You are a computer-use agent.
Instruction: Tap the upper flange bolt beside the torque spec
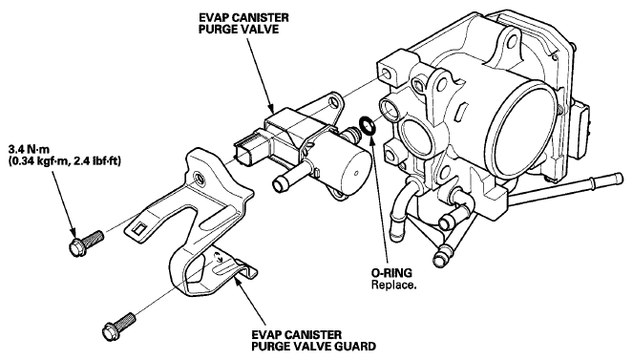(x=86, y=241)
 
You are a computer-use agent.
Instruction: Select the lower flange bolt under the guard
(x=119, y=327)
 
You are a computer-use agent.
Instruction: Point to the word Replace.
(x=393, y=285)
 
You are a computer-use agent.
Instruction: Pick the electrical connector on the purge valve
(x=247, y=151)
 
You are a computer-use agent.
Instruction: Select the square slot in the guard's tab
(x=139, y=228)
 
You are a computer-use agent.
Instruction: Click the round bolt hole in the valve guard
(x=200, y=177)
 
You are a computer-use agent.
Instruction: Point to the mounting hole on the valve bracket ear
(x=334, y=102)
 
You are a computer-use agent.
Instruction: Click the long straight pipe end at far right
(x=616, y=178)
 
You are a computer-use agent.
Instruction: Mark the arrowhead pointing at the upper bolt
(x=73, y=232)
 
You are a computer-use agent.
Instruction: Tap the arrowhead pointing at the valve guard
(x=238, y=279)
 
